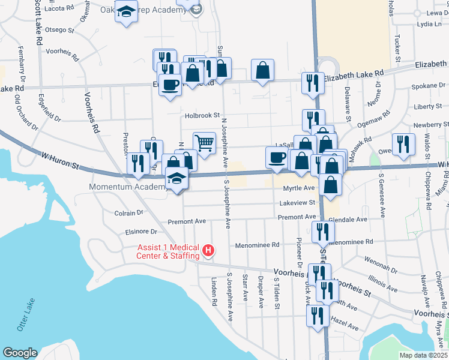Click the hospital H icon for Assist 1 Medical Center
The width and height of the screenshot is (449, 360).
[208, 250]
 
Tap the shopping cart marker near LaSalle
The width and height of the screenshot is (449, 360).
[204, 143]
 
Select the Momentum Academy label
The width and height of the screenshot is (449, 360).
[127, 187]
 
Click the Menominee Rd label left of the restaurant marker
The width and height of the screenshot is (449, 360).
[258, 245]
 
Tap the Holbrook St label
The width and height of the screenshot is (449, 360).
[202, 115]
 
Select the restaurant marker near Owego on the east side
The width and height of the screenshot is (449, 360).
[403, 144]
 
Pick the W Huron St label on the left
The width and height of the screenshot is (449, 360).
[60, 157]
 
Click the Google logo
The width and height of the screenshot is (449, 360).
[20, 353]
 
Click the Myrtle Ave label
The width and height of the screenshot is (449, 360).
[299, 188]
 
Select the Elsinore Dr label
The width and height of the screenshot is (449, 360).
[142, 231]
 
